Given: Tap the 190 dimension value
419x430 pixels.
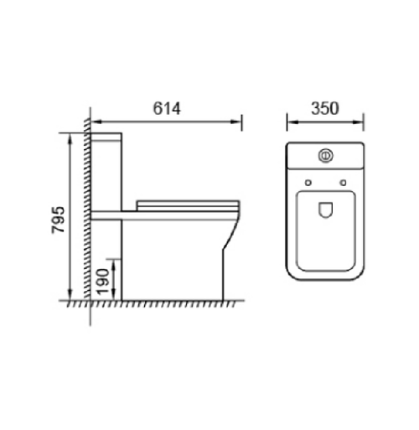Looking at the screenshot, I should [x=101, y=279].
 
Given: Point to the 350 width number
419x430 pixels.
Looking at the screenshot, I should [x=325, y=108].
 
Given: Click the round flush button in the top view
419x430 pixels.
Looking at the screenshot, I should [x=325, y=154].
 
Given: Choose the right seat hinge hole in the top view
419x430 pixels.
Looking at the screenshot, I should [x=343, y=183].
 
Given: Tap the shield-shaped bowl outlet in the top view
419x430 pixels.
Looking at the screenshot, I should [x=325, y=212].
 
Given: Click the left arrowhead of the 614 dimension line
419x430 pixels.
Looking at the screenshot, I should [x=93, y=121].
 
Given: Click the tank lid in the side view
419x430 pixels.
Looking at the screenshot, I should [x=107, y=136].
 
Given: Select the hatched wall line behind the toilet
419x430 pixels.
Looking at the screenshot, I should [x=86, y=210].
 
